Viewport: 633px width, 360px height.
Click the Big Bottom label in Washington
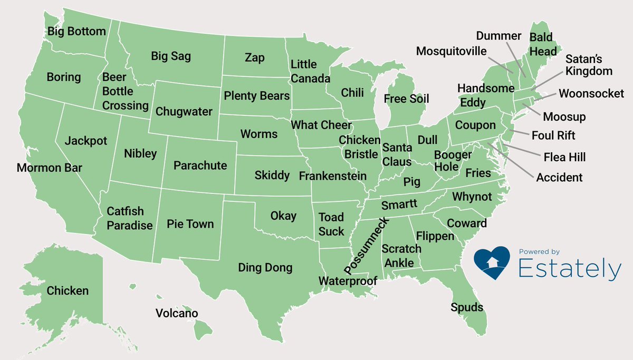point(76,32)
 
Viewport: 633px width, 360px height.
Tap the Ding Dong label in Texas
point(265,268)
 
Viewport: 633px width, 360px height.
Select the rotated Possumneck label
point(367,246)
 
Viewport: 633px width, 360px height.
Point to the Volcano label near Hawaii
point(177,314)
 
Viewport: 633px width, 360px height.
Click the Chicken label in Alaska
point(68,291)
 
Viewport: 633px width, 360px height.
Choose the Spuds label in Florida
point(467,307)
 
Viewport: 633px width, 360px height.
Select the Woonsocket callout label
point(591,94)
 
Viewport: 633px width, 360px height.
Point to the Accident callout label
point(559,178)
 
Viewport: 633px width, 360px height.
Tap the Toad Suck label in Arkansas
point(331,224)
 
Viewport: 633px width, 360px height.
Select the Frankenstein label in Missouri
point(332,176)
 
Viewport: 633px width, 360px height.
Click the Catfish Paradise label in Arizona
point(129,218)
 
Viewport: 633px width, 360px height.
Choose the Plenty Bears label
point(256,96)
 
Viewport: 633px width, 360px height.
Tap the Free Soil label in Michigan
point(406,99)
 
